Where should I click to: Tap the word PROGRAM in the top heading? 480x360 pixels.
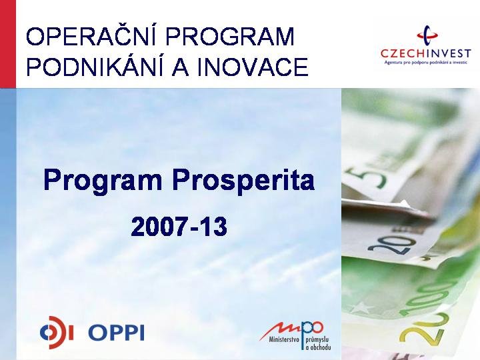[230, 37]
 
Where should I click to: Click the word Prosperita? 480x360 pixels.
[243, 181]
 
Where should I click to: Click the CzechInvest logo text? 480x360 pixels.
[425, 53]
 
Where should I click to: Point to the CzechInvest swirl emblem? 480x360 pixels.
[427, 36]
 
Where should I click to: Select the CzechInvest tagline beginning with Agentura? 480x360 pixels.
[426, 62]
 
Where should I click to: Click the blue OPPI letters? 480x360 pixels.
[116, 333]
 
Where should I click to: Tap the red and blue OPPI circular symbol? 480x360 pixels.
[57, 333]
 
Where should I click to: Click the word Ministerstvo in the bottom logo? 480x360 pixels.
[284, 339]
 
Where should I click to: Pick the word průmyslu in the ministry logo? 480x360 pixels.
[317, 340]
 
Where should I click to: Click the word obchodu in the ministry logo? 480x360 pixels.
[319, 347]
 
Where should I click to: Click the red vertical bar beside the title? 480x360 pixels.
[7, 44]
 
